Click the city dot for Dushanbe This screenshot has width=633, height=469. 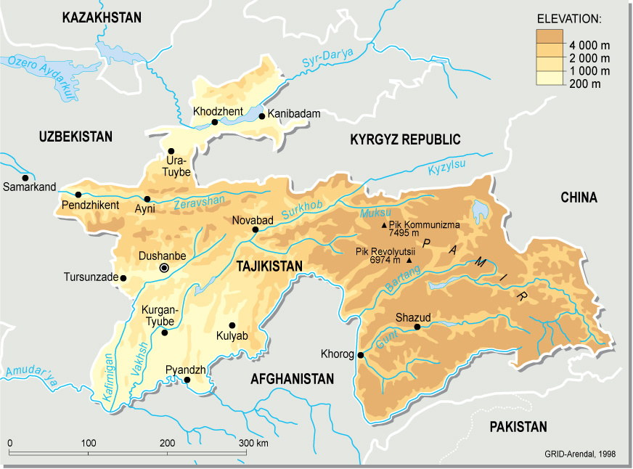164,268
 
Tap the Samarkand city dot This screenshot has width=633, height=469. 25,178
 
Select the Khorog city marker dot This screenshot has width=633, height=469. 361,355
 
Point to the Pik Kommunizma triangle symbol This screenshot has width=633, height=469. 385,226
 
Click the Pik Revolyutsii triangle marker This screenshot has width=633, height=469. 409,260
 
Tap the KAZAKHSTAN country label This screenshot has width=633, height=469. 102,18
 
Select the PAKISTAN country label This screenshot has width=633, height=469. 518,427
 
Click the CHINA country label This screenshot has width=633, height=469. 579,197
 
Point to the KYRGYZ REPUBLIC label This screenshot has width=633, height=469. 405,139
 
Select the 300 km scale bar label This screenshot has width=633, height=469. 253,444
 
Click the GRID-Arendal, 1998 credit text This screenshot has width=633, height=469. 579,454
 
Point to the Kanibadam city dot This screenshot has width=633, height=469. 261,115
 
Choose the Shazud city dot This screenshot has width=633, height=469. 417,327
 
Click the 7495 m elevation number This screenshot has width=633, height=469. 404,234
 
